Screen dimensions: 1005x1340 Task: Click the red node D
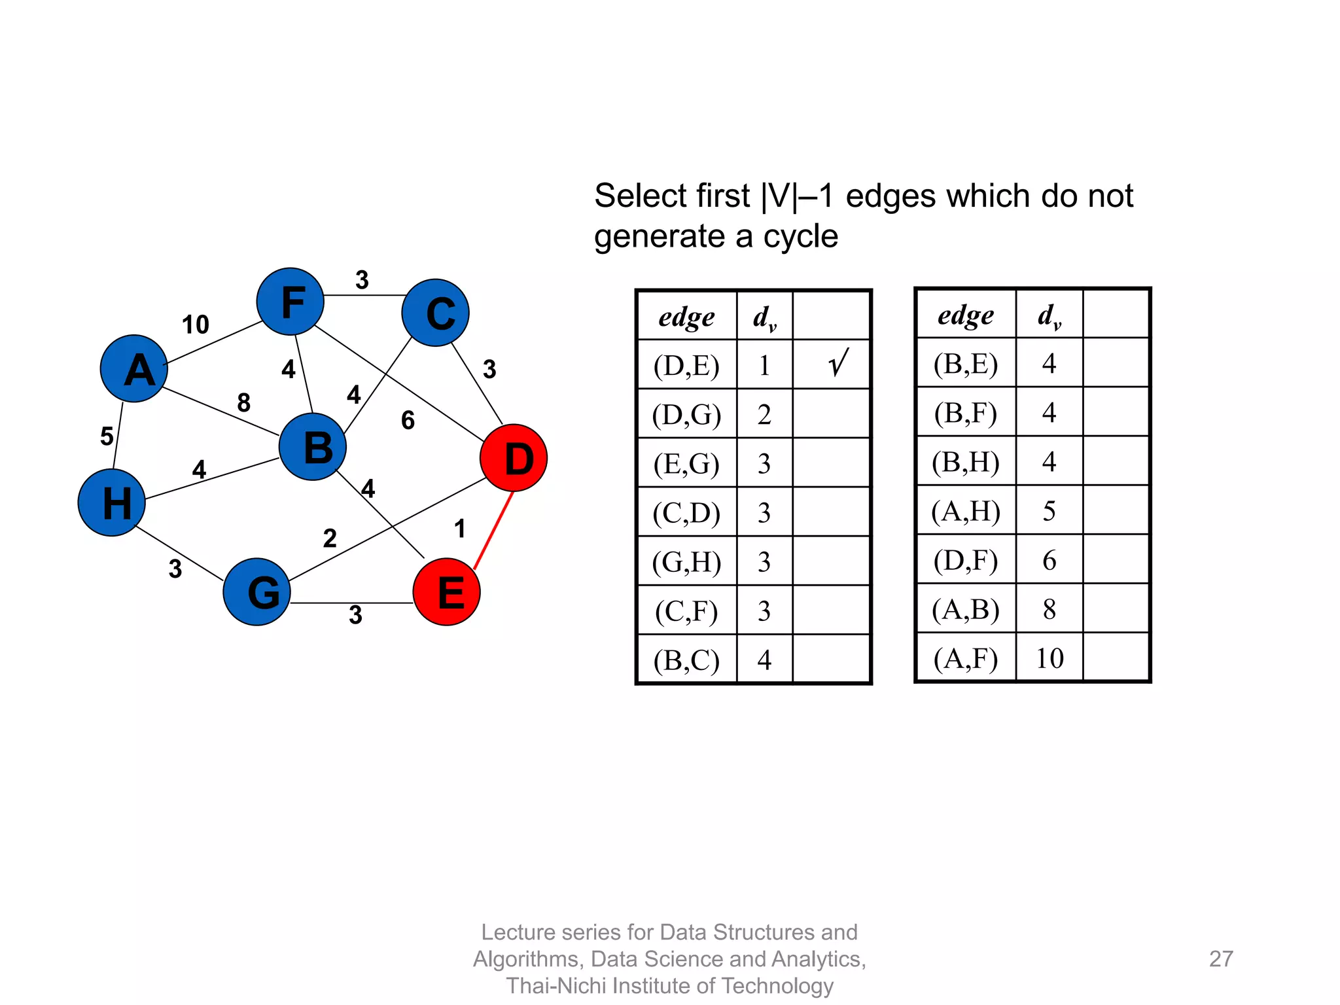pyautogui.click(x=514, y=458)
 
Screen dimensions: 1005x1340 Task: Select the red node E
pyautogui.click(x=447, y=591)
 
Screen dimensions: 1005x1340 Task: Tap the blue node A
pyautogui.click(x=134, y=368)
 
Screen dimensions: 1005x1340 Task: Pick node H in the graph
pyautogui.click(x=112, y=502)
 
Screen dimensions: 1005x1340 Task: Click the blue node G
pyautogui.click(x=257, y=591)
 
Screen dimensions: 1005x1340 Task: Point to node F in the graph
pyautogui.click(x=291, y=302)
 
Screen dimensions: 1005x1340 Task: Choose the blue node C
pyautogui.click(x=436, y=313)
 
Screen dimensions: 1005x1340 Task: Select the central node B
pyautogui.click(x=313, y=447)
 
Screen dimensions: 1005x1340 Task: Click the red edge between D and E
pyautogui.click(x=493, y=531)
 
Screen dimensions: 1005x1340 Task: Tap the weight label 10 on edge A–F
pyautogui.click(x=195, y=325)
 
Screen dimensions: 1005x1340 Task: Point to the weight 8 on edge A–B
pyautogui.click(x=244, y=402)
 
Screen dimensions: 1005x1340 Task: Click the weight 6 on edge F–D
pyautogui.click(x=408, y=420)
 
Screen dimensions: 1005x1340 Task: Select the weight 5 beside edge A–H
pyautogui.click(x=107, y=436)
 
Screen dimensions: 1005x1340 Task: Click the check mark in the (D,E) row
pyautogui.click(x=838, y=363)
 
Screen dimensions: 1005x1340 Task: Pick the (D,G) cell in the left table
pyautogui.click(x=686, y=415)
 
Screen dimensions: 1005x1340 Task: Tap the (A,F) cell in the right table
pyautogui.click(x=966, y=658)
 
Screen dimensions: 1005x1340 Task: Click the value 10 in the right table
pyautogui.click(x=1049, y=658)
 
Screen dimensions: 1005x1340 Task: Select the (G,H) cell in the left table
pyautogui.click(x=686, y=562)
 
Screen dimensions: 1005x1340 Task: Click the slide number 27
pyautogui.click(x=1221, y=959)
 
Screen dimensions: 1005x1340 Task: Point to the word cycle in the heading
pyautogui.click(x=800, y=236)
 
